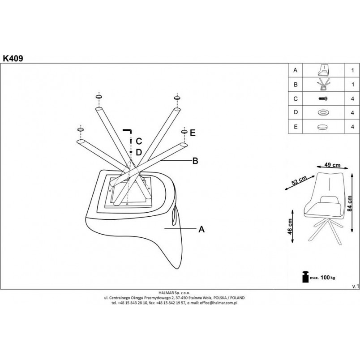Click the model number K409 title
coord(13,58)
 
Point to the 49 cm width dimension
coord(332,165)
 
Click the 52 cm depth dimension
coord(299,181)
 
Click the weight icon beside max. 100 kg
coord(305,277)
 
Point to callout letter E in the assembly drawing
coord(193,133)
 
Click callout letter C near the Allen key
coord(139,141)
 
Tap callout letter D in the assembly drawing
coord(139,152)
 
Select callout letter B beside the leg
coord(195,161)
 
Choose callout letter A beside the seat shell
coord(201,229)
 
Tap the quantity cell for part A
coord(352,70)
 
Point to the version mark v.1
coord(356,286)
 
